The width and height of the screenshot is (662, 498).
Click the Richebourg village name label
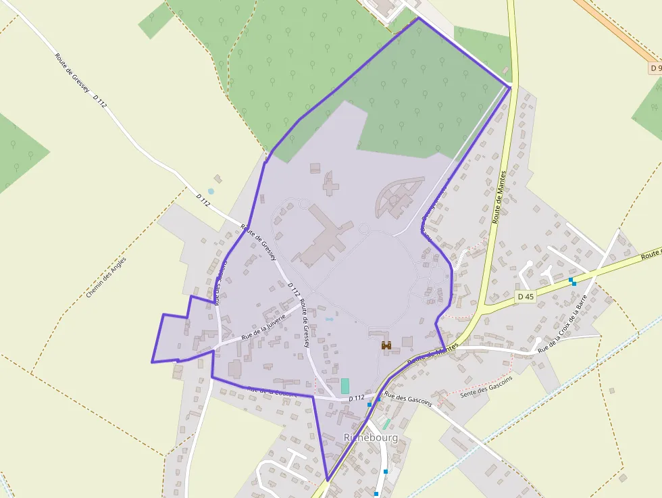pyautogui.click(x=371, y=437)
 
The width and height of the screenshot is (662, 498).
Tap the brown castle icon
pyautogui.click(x=386, y=345)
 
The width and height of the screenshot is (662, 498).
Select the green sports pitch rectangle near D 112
pyautogui.click(x=345, y=386)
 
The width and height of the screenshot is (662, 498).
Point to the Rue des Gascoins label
pyautogui.click(x=407, y=399)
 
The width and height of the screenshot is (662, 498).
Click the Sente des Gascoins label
pyautogui.click(x=485, y=387)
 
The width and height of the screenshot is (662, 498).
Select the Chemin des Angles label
pyautogui.click(x=106, y=277)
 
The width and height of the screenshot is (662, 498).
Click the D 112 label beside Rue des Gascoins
pyautogui.click(x=356, y=399)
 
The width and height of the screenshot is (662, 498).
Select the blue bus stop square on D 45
pyautogui.click(x=571, y=280)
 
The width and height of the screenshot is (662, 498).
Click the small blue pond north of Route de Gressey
pyautogui.click(x=211, y=192)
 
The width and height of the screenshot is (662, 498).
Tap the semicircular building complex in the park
pyautogui.click(x=399, y=196)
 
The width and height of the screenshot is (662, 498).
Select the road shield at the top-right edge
pyautogui.click(x=655, y=68)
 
